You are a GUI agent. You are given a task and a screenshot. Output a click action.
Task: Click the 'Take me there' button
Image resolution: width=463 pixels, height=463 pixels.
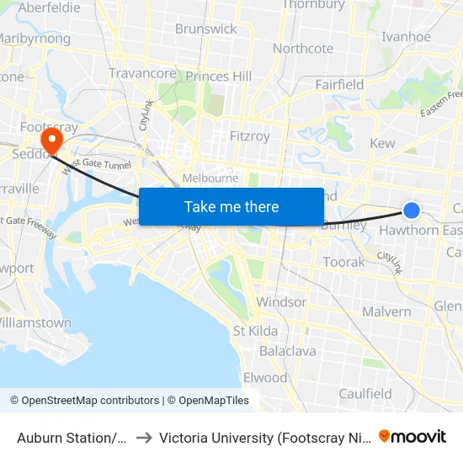pos(231,206)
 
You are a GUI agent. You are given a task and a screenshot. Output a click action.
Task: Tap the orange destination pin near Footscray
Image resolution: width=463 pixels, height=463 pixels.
pos(52,137)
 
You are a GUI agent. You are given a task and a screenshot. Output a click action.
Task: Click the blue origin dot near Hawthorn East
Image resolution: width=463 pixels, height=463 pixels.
pos(412,210)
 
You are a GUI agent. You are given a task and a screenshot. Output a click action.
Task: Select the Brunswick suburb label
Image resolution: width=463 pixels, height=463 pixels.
pos(206,29)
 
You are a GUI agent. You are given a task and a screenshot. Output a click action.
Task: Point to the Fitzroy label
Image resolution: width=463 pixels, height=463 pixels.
pos(249,136)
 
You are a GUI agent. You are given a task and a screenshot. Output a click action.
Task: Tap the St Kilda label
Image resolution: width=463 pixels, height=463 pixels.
pos(255,331)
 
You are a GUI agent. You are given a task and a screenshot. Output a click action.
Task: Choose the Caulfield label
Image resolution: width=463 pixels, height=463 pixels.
pos(365,393)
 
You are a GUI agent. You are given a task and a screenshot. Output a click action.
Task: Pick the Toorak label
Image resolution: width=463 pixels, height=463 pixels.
pos(344,262)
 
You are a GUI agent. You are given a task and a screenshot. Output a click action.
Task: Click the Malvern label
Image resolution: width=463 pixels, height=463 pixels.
pos(386,311)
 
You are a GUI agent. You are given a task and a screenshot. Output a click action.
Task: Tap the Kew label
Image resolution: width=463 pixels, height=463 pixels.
pos(382,143)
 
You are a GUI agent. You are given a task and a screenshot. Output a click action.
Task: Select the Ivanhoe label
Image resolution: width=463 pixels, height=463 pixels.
pos(406,37)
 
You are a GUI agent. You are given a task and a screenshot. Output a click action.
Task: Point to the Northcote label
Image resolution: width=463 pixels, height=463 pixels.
pos(303,49)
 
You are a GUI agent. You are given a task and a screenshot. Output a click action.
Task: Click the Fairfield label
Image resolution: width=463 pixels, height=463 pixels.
pos(339,84)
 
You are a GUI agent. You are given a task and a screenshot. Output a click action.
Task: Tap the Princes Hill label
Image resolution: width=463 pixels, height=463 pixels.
pos(219,77)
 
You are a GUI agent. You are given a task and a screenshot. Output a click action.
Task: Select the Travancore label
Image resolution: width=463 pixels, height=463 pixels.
pos(143,73)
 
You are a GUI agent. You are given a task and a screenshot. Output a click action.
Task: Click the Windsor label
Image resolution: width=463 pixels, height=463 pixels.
pos(281,301)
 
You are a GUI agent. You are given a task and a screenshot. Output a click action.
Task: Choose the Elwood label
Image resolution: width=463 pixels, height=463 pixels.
pos(264,377)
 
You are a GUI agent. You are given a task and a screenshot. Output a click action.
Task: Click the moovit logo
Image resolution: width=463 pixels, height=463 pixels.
pos(412,437)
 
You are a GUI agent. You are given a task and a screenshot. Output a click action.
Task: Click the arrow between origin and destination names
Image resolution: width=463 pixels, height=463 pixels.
pos(143,438)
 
